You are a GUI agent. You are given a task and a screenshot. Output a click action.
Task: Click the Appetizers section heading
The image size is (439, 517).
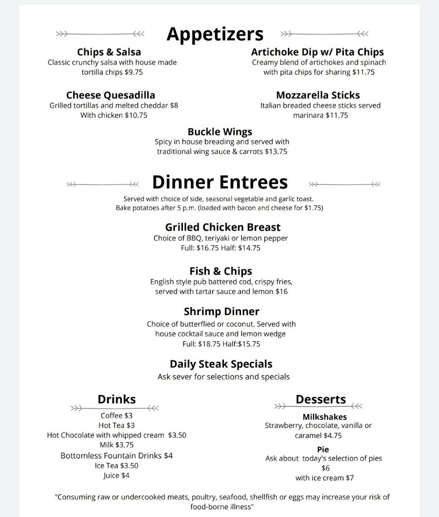click(215, 34)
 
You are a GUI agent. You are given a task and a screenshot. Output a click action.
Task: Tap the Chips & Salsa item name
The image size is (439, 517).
click(109, 52)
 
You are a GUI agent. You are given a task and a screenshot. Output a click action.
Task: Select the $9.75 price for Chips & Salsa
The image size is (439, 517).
click(133, 72)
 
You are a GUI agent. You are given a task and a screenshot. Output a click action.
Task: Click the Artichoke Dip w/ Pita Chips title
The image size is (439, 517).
click(317, 52)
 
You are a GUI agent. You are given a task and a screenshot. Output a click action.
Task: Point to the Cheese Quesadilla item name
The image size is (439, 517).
click(111, 95)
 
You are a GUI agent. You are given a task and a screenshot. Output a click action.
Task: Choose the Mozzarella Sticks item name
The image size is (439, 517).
click(318, 95)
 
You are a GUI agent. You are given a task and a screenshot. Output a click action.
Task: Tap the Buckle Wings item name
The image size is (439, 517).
click(220, 132)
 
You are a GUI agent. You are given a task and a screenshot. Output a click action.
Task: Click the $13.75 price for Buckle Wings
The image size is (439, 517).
click(276, 152)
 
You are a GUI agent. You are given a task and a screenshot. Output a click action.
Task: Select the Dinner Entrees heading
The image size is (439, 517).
click(219, 182)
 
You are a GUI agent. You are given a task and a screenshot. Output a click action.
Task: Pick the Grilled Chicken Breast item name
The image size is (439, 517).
click(223, 227)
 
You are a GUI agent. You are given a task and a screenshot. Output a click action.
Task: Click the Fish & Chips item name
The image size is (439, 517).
click(221, 271)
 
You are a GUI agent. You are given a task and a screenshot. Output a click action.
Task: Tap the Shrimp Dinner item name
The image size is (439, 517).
click(222, 311)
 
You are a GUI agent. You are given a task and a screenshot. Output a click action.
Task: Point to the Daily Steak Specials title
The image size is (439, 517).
click(221, 364)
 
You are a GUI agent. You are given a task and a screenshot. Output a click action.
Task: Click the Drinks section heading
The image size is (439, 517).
click(117, 399)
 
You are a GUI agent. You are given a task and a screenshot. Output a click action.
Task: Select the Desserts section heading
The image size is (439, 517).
click(321, 399)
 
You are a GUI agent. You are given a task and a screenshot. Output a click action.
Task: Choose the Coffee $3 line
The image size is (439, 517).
click(117, 416)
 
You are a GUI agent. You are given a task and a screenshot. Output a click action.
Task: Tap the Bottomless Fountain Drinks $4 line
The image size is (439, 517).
click(117, 456)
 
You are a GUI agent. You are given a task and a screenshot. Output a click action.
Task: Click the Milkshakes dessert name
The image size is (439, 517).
click(325, 417)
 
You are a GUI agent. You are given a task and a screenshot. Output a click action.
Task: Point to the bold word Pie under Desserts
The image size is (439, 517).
click(323, 450)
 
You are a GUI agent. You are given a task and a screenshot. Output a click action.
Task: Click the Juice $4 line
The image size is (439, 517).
click(117, 476)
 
